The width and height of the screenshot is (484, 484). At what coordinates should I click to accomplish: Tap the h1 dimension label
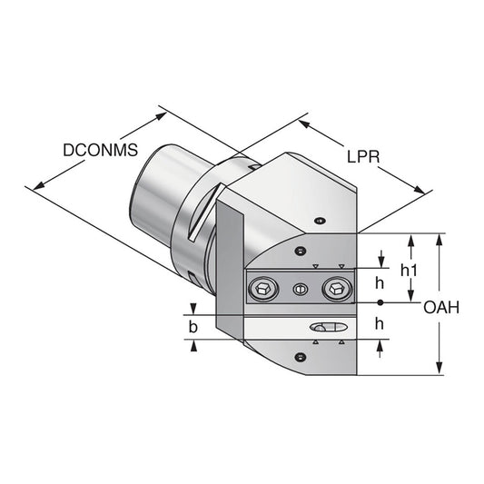[410, 271]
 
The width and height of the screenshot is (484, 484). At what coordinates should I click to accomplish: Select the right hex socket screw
[335, 289]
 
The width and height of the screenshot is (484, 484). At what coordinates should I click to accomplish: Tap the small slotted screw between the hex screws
[301, 290]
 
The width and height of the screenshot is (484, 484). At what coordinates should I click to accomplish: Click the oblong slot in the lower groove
[327, 327]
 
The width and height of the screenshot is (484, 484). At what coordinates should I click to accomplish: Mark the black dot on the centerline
[381, 301]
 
